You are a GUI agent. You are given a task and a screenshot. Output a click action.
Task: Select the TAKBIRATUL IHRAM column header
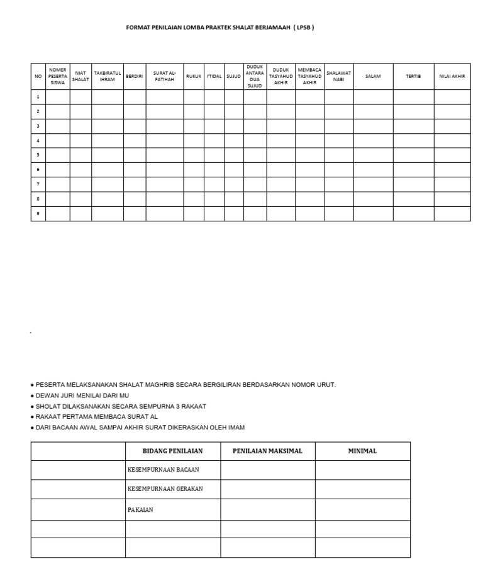click(x=108, y=76)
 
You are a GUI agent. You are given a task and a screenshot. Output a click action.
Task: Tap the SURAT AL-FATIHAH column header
click(x=165, y=76)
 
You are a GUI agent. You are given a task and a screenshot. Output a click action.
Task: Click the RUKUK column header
click(x=194, y=76)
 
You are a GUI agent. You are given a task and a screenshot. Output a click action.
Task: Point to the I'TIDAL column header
click(x=214, y=76)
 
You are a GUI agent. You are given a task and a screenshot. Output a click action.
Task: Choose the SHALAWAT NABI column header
click(x=339, y=76)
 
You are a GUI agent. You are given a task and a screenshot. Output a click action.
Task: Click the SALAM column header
click(x=374, y=76)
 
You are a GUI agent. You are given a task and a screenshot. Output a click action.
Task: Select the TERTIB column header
click(x=413, y=76)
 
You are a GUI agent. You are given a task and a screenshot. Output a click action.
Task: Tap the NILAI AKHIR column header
click(x=452, y=76)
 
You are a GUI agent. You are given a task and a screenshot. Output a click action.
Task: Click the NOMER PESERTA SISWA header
click(x=57, y=76)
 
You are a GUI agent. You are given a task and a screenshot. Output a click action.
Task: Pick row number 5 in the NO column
click(x=38, y=155)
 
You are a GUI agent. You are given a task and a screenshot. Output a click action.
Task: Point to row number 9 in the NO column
click(x=38, y=214)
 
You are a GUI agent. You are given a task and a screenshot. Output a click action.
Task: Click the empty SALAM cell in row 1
click(x=374, y=97)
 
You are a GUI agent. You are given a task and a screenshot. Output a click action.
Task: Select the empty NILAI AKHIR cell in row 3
click(x=452, y=126)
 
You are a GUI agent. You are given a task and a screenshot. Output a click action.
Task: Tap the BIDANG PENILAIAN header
click(x=172, y=451)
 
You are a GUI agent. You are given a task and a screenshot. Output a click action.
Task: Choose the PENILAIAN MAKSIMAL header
click(x=267, y=451)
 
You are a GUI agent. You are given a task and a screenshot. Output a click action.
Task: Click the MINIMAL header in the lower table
click(x=362, y=451)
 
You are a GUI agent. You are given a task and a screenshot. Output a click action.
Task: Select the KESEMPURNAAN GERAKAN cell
click(x=165, y=489)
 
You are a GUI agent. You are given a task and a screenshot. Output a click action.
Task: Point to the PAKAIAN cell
click(x=140, y=510)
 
